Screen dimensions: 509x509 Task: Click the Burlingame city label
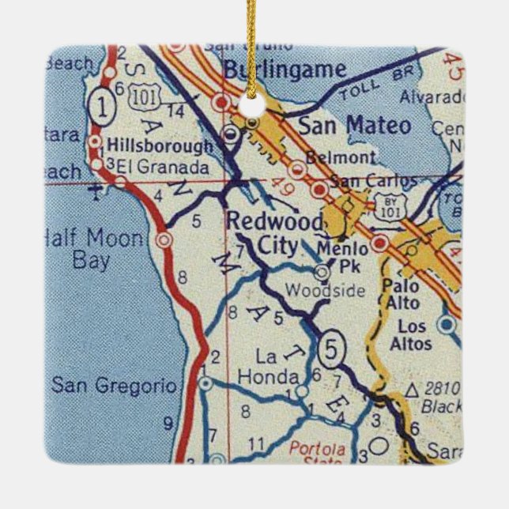[x=284, y=69]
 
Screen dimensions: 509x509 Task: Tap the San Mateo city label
[x=354, y=126]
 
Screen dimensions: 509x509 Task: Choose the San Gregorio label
[x=112, y=385]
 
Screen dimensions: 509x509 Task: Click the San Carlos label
[x=371, y=181]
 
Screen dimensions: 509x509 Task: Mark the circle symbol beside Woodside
[x=322, y=273]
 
